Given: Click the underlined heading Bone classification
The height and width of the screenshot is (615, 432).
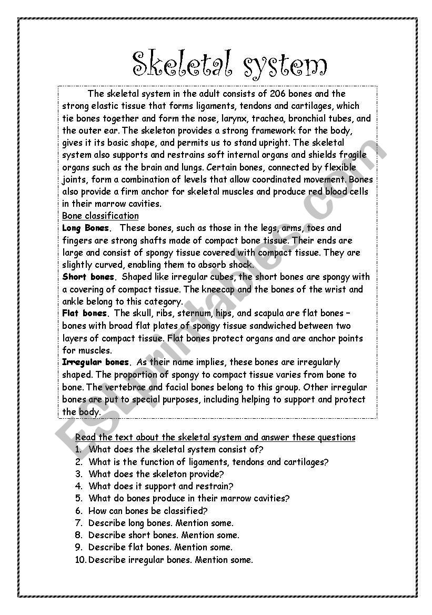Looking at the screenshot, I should pyautogui.click(x=101, y=216).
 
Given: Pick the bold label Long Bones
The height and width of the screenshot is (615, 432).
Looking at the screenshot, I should pyautogui.click(x=86, y=228).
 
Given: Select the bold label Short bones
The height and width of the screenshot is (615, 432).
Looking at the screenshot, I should pyautogui.click(x=88, y=277).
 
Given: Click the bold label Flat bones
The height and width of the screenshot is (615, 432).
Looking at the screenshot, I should pyautogui.click(x=85, y=314).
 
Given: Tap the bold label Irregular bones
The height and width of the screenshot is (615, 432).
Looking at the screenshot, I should pyautogui.click(x=95, y=362).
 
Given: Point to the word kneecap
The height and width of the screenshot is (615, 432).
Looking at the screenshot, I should pyautogui.click(x=219, y=289).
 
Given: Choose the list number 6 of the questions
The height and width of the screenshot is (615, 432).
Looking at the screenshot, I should pyautogui.click(x=79, y=511).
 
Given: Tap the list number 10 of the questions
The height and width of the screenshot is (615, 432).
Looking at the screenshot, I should pyautogui.click(x=81, y=560).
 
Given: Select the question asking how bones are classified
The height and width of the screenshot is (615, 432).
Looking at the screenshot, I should pyautogui.click(x=148, y=511).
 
